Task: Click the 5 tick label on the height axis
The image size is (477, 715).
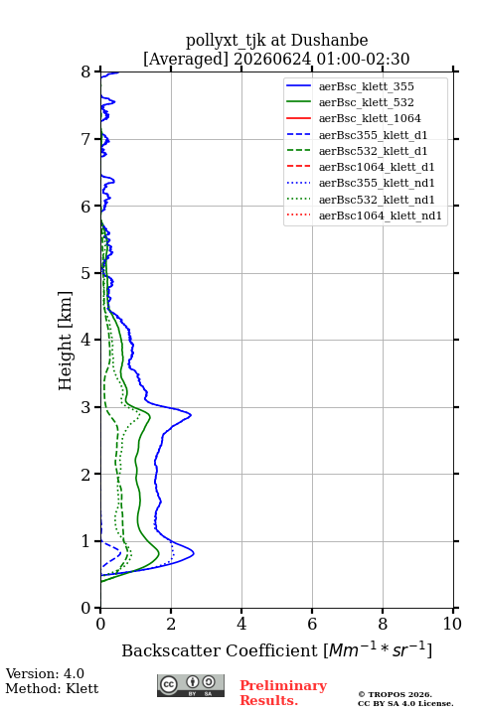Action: pyautogui.click(x=86, y=273)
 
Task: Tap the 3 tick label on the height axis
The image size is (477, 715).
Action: pyautogui.click(x=86, y=407)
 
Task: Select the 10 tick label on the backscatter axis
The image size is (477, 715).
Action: pyautogui.click(x=452, y=624)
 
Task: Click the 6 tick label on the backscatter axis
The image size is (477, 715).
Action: pyautogui.click(x=312, y=624)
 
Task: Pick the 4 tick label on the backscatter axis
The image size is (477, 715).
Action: pyautogui.click(x=241, y=624)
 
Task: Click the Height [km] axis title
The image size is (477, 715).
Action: pyautogui.click(x=65, y=341)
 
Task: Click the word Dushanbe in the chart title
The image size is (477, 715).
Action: pyautogui.click(x=329, y=41)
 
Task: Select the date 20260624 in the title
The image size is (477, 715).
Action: pyautogui.click(x=272, y=59)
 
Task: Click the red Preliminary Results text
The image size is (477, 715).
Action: pyautogui.click(x=283, y=693)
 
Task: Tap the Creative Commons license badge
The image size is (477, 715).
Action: pyautogui.click(x=191, y=685)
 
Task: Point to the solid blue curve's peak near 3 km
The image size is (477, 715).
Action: pyautogui.click(x=191, y=415)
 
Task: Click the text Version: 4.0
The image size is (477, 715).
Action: pyautogui.click(x=45, y=673)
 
